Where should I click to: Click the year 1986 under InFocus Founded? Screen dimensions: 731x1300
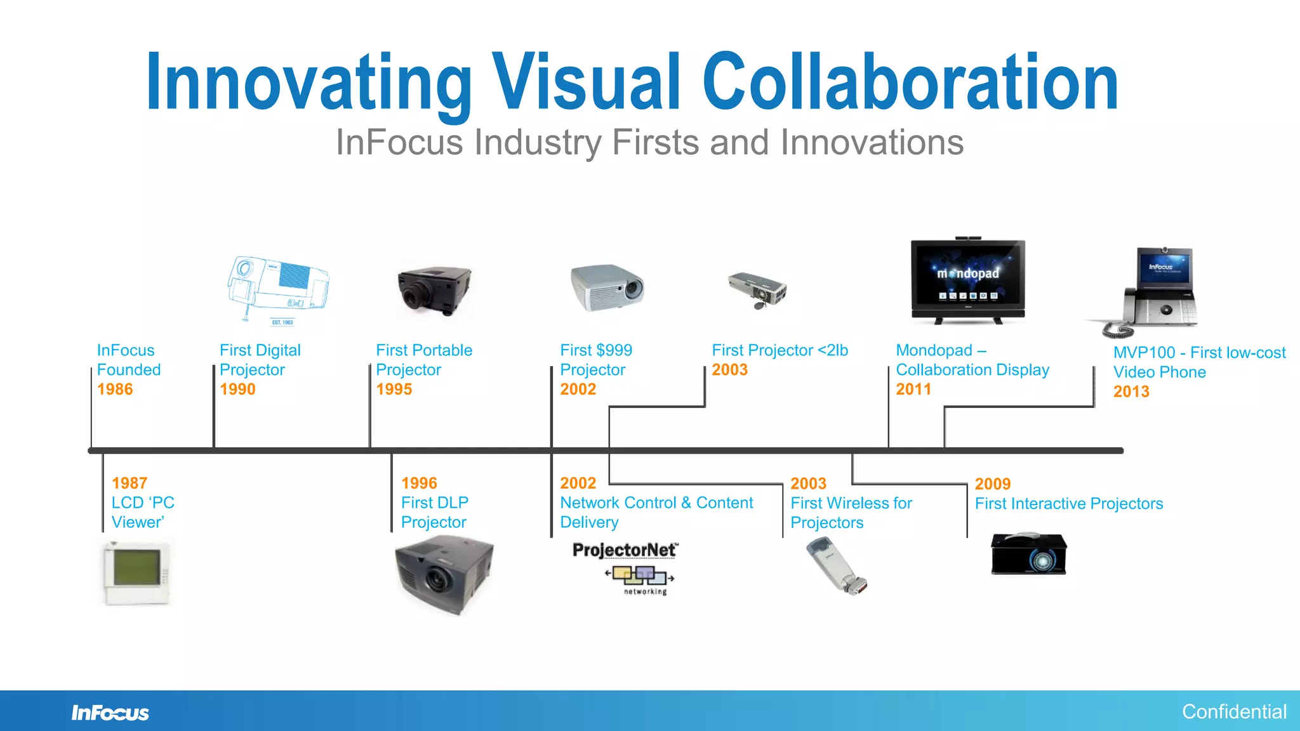(115, 389)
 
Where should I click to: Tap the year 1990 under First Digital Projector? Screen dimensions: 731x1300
(237, 389)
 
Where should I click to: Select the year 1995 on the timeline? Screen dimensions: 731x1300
(394, 389)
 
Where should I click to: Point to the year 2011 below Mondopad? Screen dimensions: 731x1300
(913, 389)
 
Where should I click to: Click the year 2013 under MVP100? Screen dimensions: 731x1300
(1131, 392)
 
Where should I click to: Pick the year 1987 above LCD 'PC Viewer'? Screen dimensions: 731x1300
(129, 483)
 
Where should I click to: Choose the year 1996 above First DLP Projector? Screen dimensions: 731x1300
(419, 483)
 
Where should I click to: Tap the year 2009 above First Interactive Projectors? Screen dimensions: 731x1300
(993, 484)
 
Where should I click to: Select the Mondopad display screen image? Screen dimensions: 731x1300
(967, 281)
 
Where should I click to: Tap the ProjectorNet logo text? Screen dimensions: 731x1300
(625, 550)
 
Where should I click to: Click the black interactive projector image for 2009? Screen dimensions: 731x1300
(1029, 554)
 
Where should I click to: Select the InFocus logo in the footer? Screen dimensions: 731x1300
(110, 713)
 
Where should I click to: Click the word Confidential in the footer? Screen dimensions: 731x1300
(1234, 712)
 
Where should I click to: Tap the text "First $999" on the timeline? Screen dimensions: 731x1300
(596, 350)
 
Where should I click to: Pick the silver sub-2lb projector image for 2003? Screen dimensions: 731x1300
(757, 291)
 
